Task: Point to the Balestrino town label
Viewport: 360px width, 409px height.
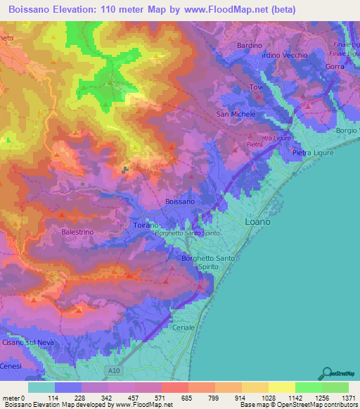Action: tap(77, 231)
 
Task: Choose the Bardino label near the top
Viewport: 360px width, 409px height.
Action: tap(249, 46)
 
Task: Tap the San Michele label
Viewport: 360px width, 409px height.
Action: tap(236, 114)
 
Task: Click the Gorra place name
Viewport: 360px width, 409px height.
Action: tap(335, 66)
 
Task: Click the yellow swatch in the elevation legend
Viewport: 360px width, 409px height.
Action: tap(281, 387)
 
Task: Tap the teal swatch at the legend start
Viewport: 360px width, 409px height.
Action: tap(41, 387)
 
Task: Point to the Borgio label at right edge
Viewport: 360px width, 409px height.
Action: tap(347, 131)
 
